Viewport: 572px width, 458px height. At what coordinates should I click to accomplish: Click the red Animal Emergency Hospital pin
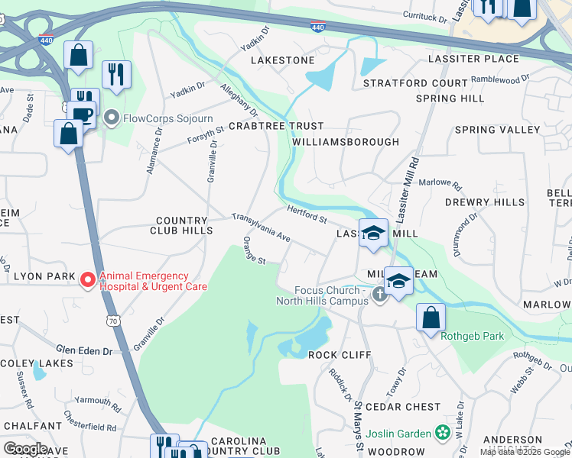89,281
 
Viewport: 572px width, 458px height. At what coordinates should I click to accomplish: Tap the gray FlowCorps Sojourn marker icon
112,118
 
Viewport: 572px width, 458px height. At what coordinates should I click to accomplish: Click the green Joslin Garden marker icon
442,433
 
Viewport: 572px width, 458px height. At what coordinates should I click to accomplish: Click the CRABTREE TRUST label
276,126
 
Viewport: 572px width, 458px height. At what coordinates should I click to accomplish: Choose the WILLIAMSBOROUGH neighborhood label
345,142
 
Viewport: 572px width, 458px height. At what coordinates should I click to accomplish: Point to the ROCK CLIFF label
339,355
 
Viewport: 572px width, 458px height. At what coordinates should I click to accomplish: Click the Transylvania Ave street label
262,228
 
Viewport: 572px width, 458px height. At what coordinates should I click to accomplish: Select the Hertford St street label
307,213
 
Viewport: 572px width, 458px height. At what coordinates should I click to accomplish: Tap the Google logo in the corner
25,449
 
